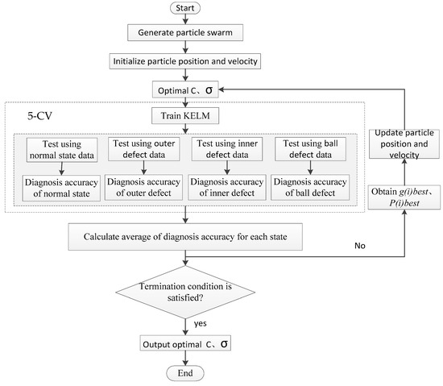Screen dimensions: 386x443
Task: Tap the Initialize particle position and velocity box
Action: click(186, 60)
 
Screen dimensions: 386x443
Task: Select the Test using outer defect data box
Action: click(142, 150)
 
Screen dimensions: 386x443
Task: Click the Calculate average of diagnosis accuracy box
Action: click(186, 237)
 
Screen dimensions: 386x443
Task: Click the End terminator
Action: click(186, 372)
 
